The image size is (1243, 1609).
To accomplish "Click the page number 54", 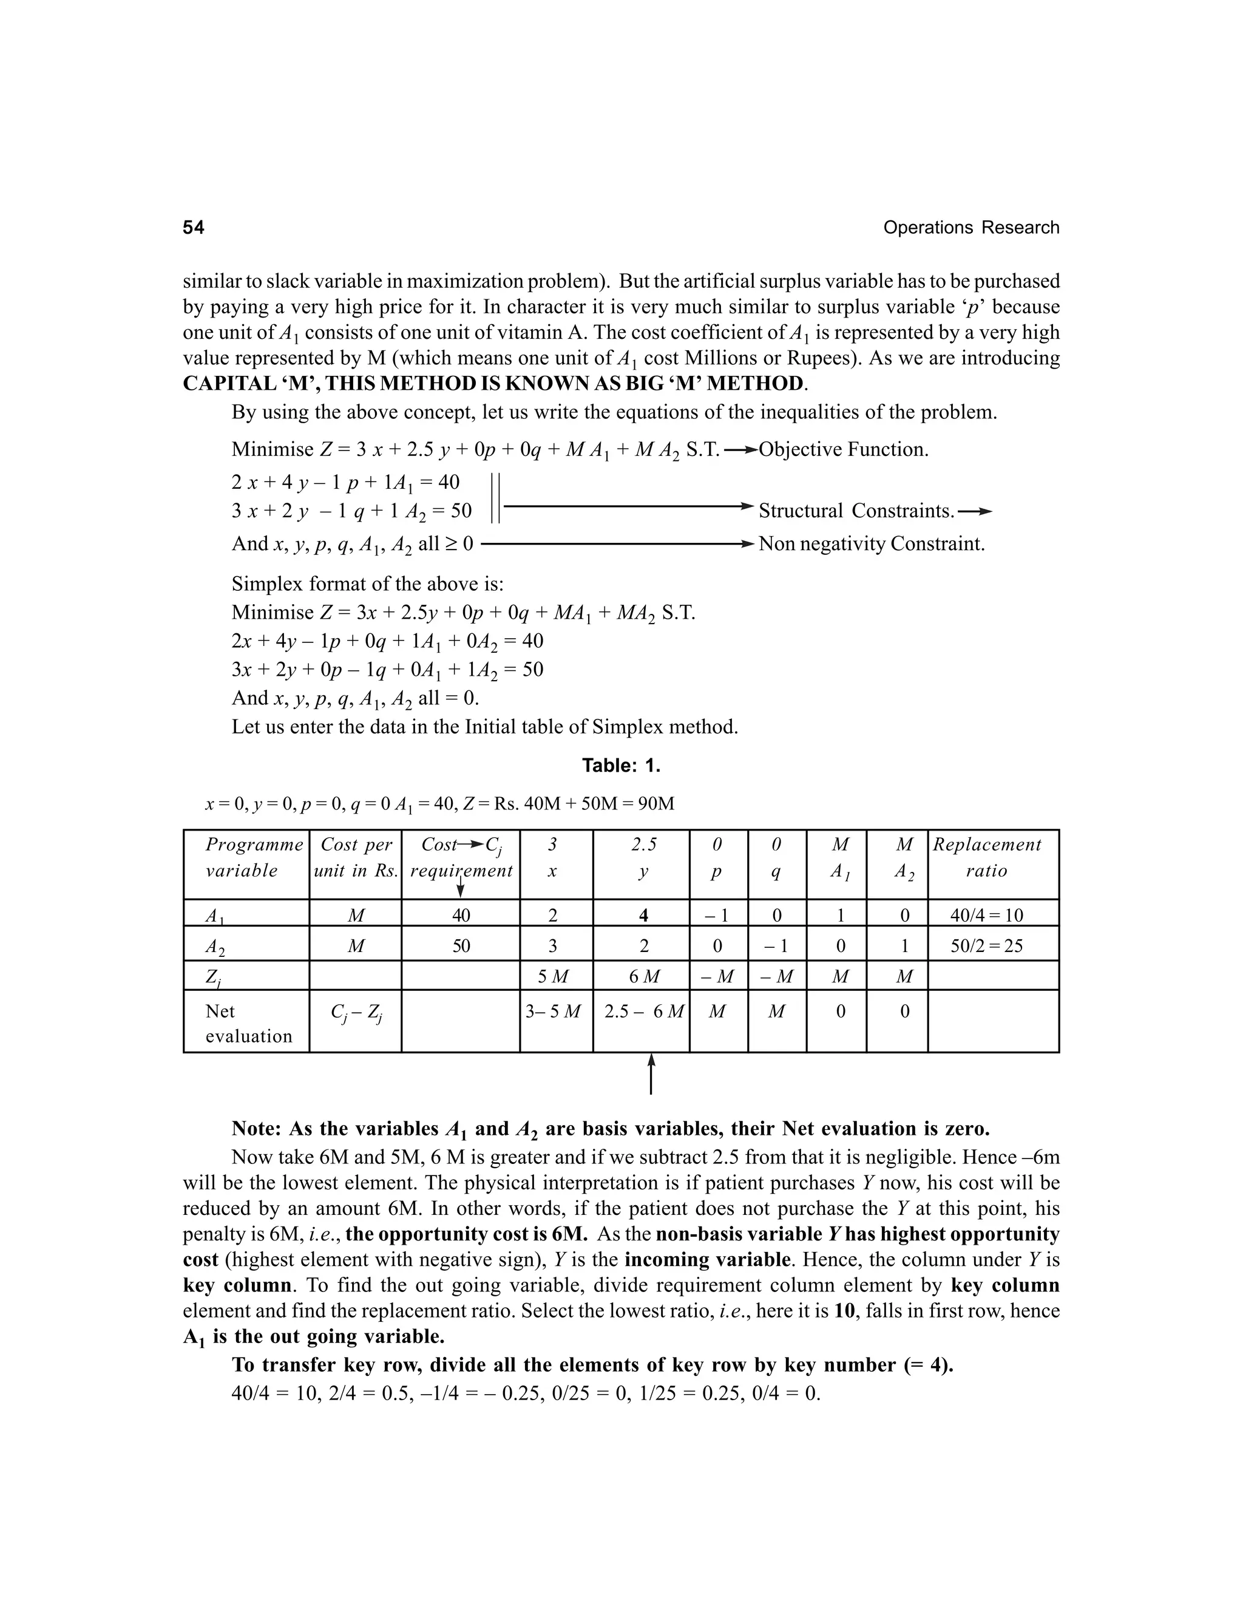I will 193,228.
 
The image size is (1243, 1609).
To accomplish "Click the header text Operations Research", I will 970,228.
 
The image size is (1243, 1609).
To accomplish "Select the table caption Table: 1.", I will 621,766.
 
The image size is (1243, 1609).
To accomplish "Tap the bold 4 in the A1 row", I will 643,915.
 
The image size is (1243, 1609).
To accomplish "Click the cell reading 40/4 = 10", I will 986,915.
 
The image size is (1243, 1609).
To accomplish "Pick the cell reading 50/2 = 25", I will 986,946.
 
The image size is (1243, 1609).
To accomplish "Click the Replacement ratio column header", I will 986,857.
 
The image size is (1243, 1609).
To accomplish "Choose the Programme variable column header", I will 253,857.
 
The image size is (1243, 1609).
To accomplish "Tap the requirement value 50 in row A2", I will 461,946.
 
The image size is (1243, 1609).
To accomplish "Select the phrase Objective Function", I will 843,449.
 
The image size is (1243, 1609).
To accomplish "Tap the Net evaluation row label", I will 248,1023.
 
